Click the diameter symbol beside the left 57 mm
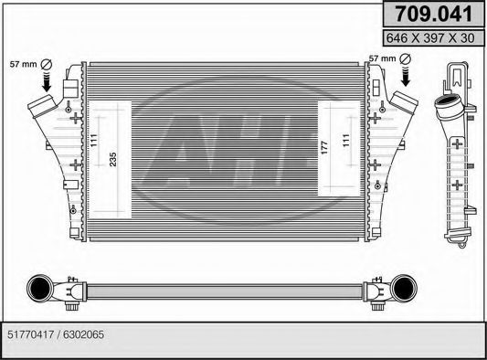46,62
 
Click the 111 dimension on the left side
95,143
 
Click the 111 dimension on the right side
344,142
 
